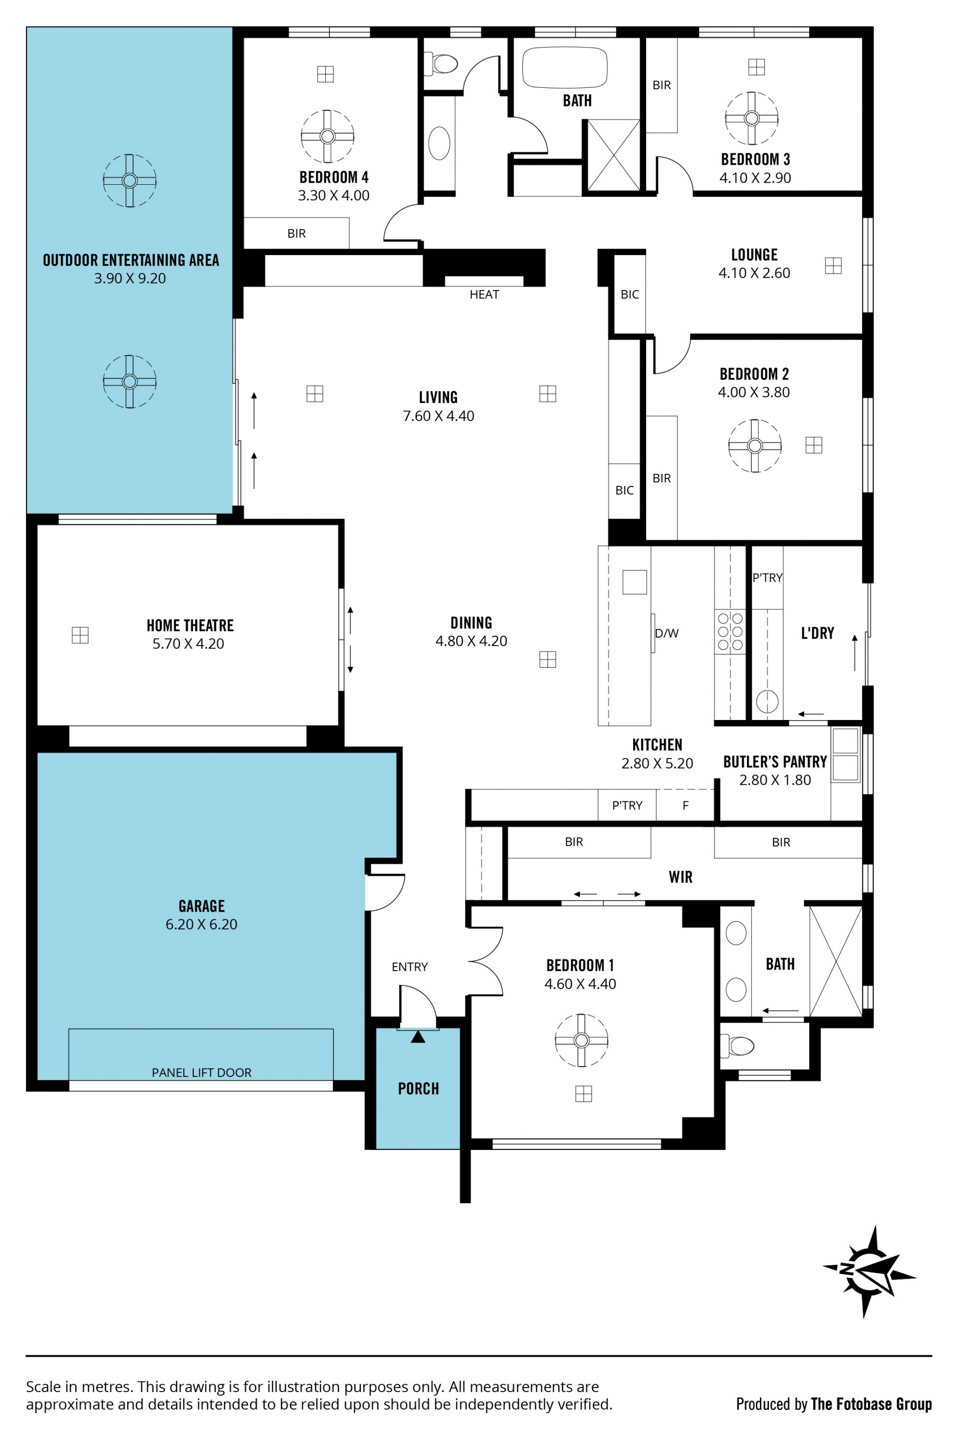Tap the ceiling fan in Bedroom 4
(x=327, y=136)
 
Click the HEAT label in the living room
(x=484, y=295)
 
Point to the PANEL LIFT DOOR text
(x=202, y=1073)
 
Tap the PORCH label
(x=419, y=1088)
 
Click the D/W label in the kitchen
(x=667, y=633)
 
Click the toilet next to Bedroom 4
(x=441, y=63)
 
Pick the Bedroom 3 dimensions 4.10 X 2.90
(x=755, y=178)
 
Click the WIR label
(x=681, y=877)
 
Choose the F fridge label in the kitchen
(x=686, y=805)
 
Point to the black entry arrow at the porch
(x=418, y=1037)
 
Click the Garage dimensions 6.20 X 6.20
(x=202, y=924)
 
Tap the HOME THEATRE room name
(x=190, y=625)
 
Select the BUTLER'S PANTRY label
(x=775, y=761)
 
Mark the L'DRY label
(x=817, y=633)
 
